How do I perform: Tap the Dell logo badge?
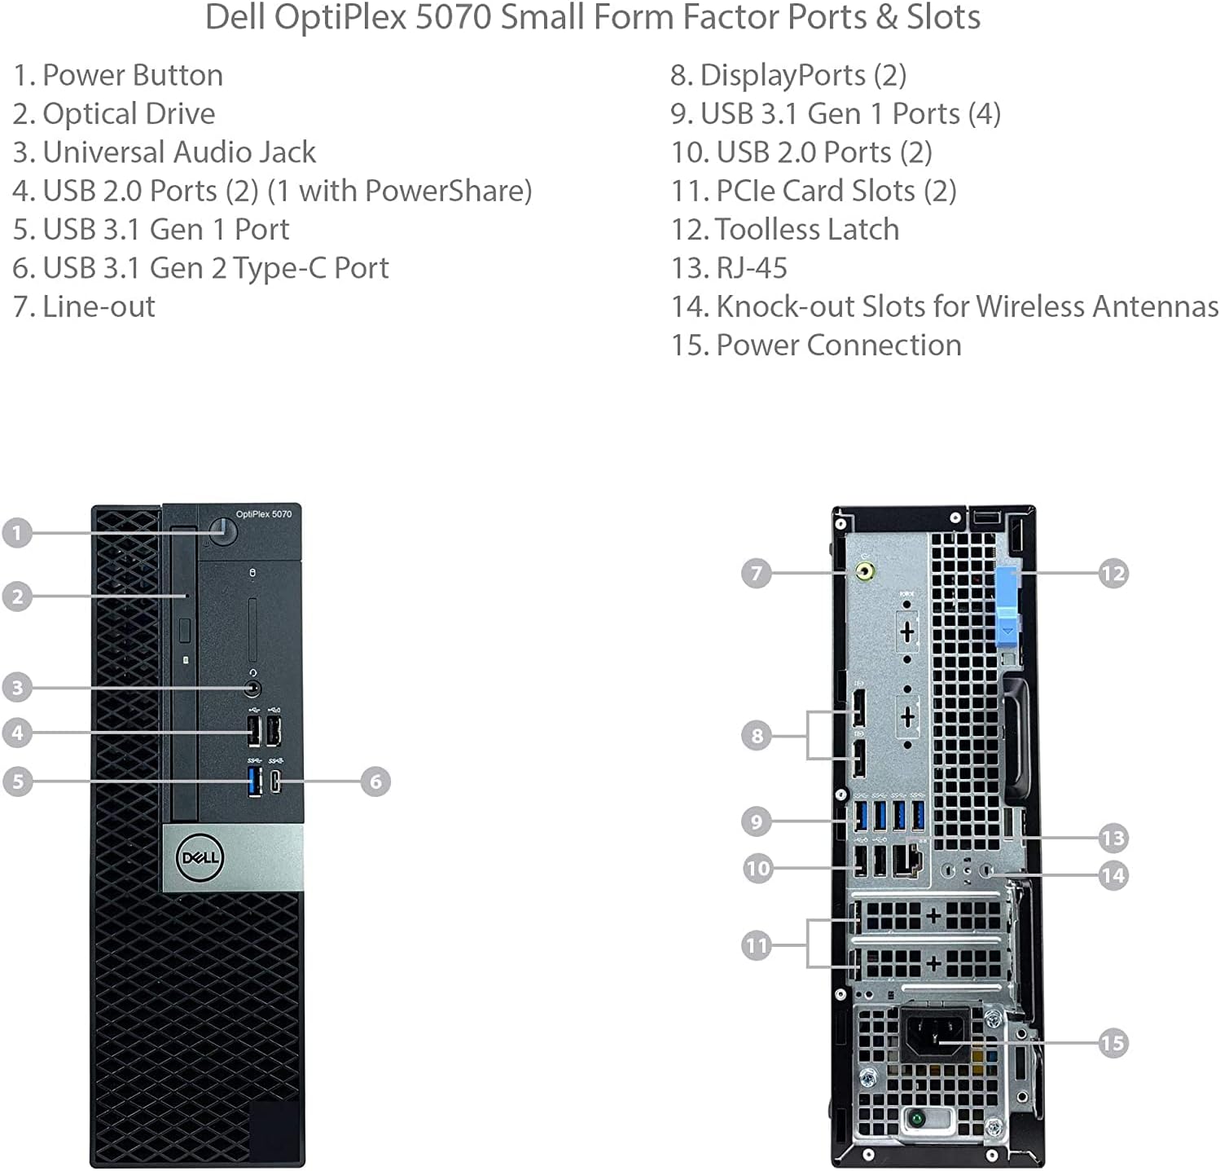(x=200, y=857)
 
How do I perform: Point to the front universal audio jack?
(x=254, y=689)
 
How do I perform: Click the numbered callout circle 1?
(x=17, y=533)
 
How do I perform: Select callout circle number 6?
(x=375, y=781)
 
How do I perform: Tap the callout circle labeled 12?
(x=1112, y=574)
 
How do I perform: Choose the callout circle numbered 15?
(x=1112, y=1042)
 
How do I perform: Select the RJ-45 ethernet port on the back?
(x=908, y=860)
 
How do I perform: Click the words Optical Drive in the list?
(x=129, y=114)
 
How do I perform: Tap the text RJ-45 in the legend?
(x=752, y=268)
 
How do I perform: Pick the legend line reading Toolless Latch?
(x=806, y=230)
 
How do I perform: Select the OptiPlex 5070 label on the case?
(x=264, y=514)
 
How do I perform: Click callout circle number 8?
(x=757, y=736)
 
